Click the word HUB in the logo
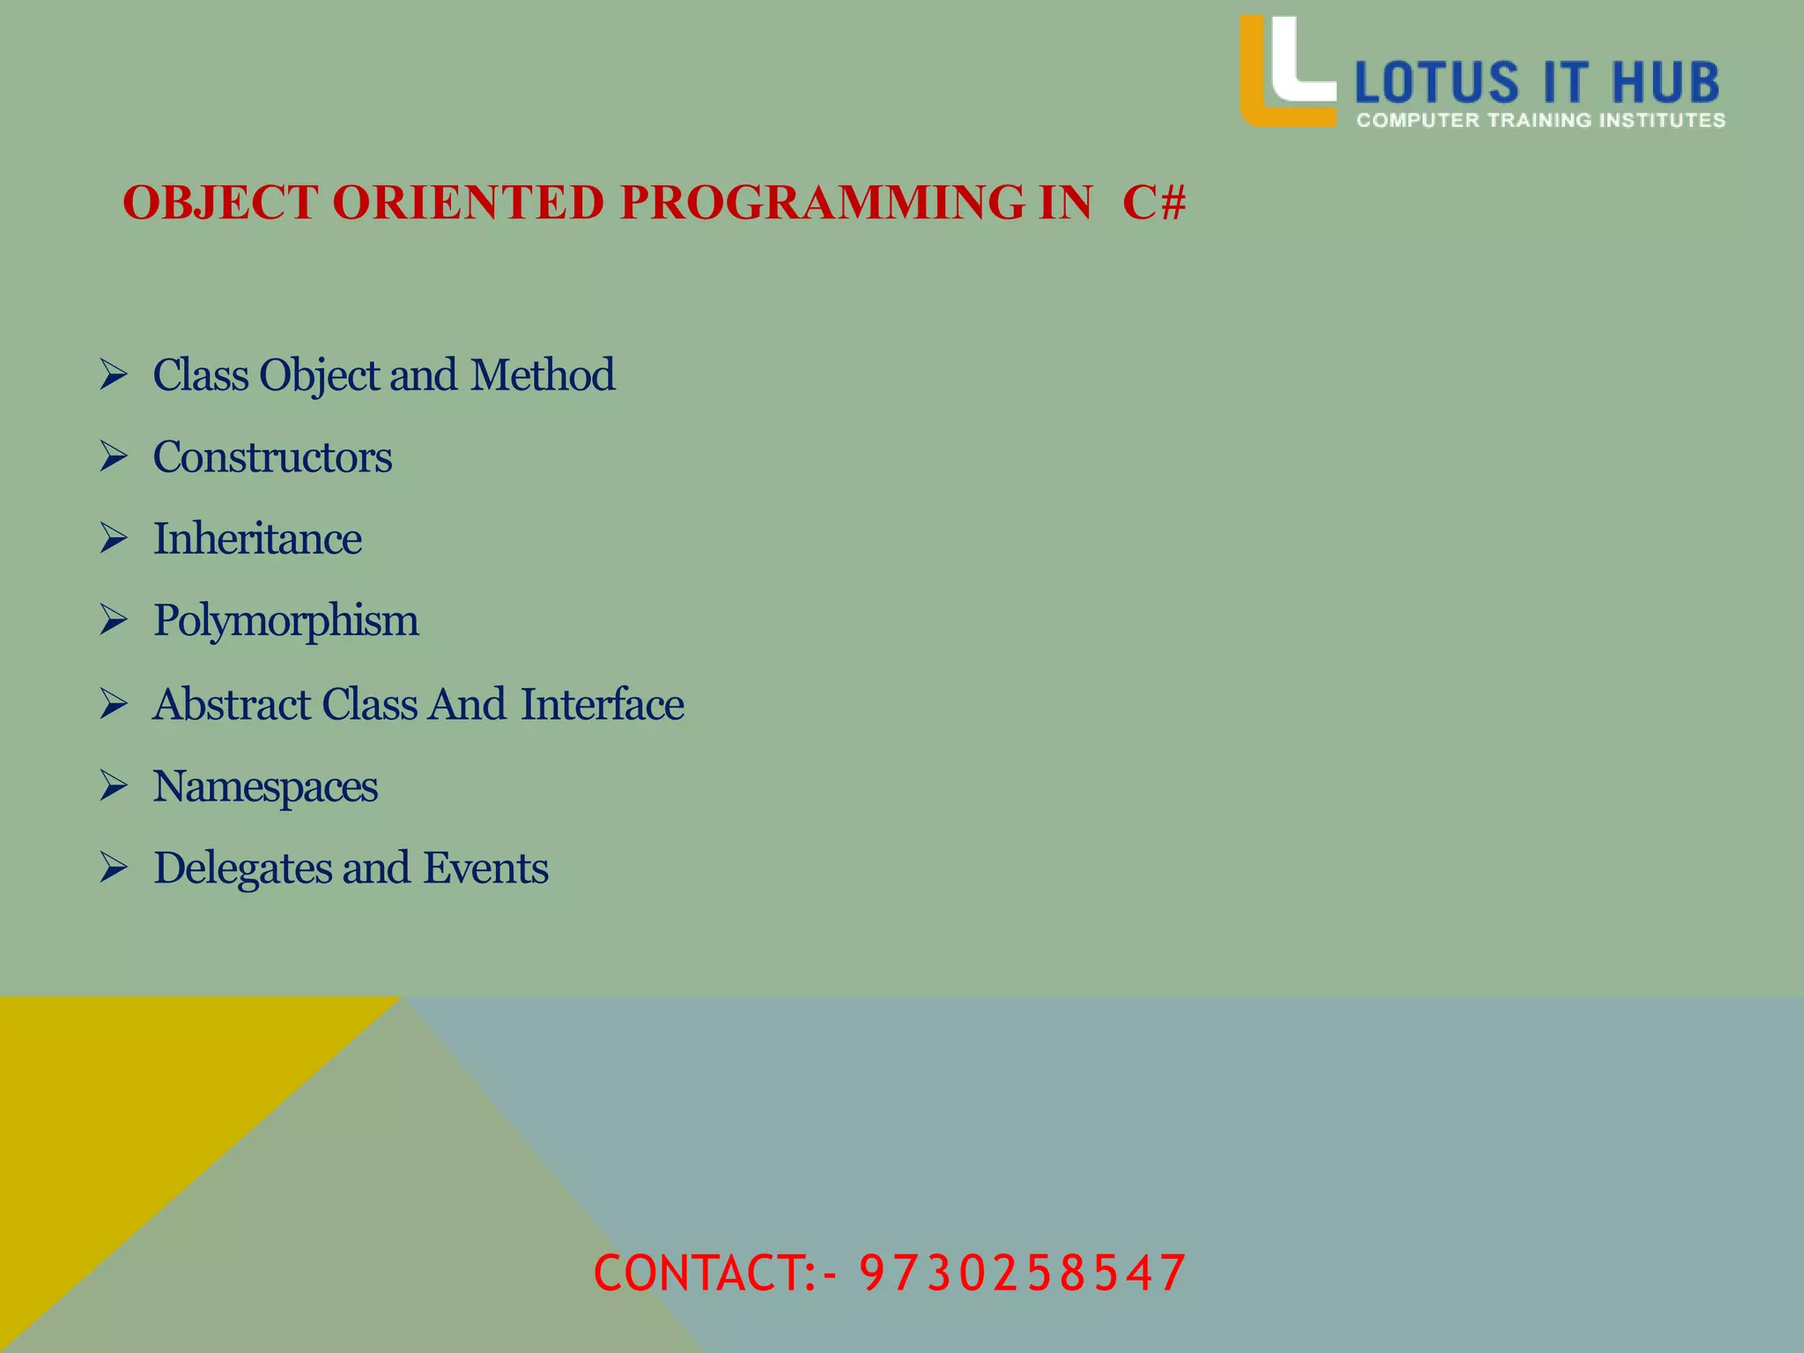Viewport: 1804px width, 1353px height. click(1666, 83)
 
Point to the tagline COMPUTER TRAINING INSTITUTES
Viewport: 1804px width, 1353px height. click(1541, 121)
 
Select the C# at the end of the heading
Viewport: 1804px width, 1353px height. click(1154, 203)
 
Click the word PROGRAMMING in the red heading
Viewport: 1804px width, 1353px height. click(822, 203)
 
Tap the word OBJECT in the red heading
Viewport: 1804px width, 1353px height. click(220, 203)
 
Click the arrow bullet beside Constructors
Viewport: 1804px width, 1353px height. click(114, 456)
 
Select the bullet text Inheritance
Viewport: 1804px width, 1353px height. click(257, 538)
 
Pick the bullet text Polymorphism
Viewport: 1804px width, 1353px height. click(286, 621)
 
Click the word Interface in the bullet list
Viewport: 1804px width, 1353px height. click(603, 704)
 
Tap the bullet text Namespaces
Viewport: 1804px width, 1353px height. click(265, 786)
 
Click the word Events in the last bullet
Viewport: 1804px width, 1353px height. click(486, 869)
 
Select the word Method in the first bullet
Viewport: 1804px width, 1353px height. click(543, 374)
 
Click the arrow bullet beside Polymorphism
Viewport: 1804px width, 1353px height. click(114, 620)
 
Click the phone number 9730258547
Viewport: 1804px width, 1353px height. click(1022, 1273)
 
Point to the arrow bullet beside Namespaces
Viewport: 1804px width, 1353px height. click(114, 785)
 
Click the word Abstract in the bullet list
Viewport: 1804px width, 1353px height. click(233, 704)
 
